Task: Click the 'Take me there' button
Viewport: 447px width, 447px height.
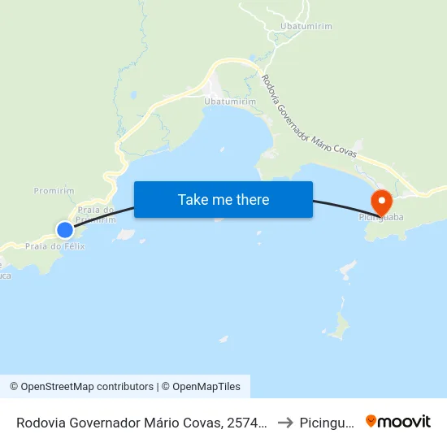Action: pyautogui.click(x=223, y=199)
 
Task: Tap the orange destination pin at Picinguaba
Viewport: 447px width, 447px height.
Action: pyautogui.click(x=380, y=201)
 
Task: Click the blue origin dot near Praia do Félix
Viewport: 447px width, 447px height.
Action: pyautogui.click(x=65, y=229)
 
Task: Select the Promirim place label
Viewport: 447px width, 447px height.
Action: pyautogui.click(x=54, y=191)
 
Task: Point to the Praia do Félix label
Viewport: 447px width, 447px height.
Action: pyautogui.click(x=54, y=245)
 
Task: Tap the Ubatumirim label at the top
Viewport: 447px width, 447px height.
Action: pyautogui.click(x=306, y=27)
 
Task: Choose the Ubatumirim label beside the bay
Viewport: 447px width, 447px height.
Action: pyautogui.click(x=230, y=101)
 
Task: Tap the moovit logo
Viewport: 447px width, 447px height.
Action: pyautogui.click(x=398, y=421)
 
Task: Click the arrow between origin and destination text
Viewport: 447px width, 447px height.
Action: pyautogui.click(x=284, y=423)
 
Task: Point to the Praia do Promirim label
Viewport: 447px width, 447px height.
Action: pyautogui.click(x=95, y=215)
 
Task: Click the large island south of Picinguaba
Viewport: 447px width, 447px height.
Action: pyautogui.click(x=337, y=327)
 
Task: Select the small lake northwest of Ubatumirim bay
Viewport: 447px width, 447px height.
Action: pyautogui.click(x=133, y=95)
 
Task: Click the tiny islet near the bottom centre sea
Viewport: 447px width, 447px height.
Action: pyautogui.click(x=223, y=339)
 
